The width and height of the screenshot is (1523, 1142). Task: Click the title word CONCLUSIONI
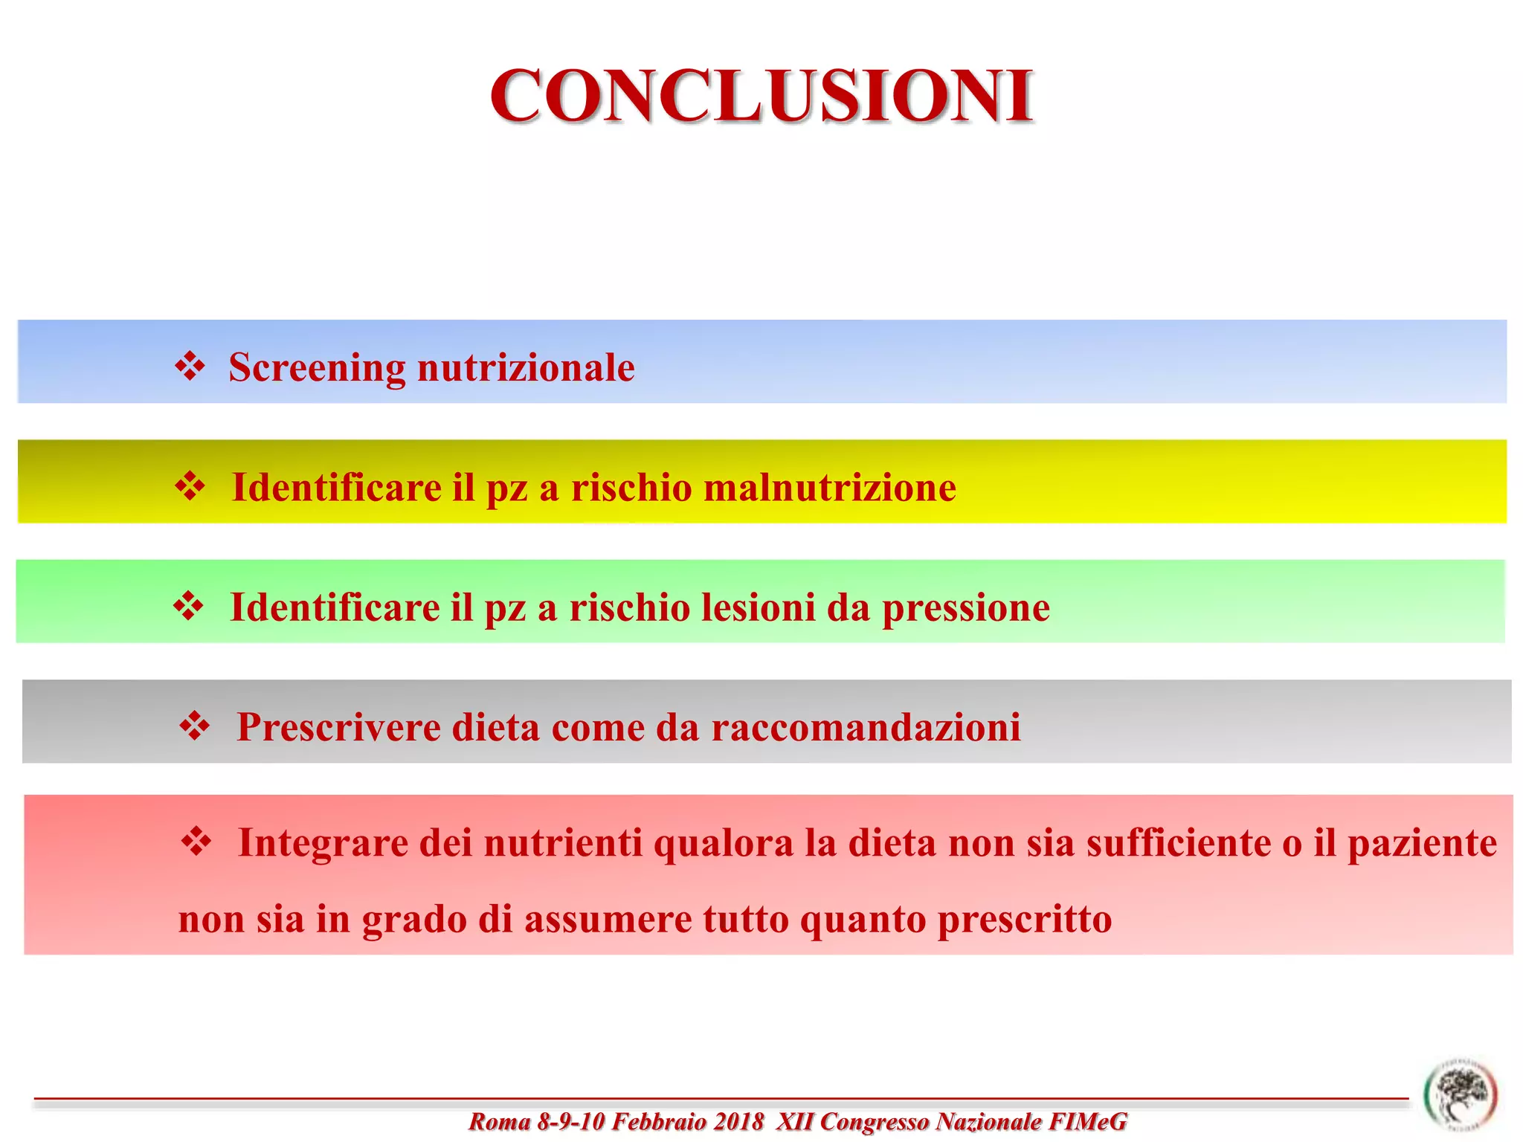tap(761, 96)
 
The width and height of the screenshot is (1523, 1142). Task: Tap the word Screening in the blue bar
tap(317, 367)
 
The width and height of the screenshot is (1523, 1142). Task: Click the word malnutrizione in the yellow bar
tap(829, 488)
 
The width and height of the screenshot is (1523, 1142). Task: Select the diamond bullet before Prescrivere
tap(194, 726)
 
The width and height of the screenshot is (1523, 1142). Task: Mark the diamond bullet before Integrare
tap(196, 842)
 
